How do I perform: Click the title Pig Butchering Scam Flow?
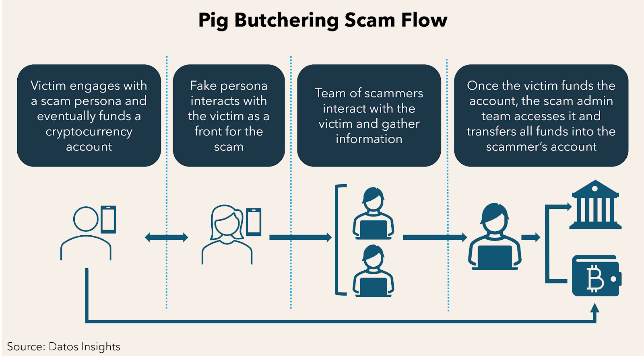[x=322, y=20]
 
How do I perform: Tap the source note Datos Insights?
[x=64, y=347]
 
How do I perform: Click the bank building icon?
[x=595, y=205]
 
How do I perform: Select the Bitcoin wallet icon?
[x=596, y=276]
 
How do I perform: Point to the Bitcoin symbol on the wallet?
[x=595, y=278]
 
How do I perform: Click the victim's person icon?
[x=86, y=233]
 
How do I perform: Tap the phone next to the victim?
[x=108, y=220]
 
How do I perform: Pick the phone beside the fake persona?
[x=254, y=222]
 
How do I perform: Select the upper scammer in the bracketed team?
[x=373, y=213]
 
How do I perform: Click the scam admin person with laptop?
[x=494, y=237]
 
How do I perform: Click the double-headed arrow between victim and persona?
[x=166, y=237]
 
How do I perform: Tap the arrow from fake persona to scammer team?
[x=300, y=237]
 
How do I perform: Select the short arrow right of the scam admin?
[x=530, y=237]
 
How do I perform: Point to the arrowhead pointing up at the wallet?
[x=594, y=309]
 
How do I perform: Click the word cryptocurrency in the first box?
[x=89, y=132]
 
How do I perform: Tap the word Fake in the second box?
[x=203, y=86]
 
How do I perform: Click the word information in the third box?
[x=369, y=139]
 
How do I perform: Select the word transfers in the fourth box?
[x=492, y=132]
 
